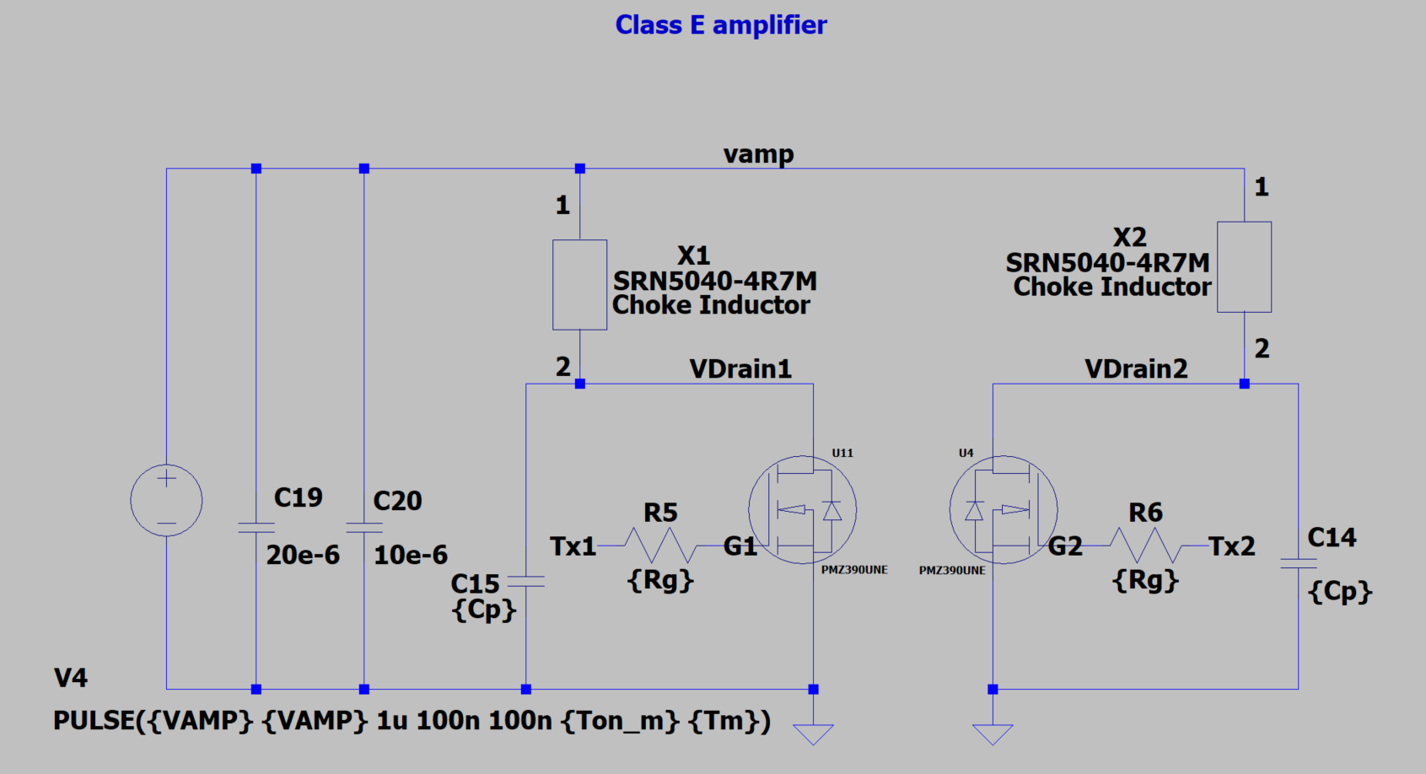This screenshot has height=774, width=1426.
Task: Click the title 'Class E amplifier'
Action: point(721,25)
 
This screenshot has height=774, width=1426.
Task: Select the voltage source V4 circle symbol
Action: point(166,501)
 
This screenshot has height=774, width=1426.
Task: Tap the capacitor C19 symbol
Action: point(256,528)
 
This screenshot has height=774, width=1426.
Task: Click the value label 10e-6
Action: point(411,555)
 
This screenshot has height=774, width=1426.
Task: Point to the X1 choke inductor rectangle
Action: point(579,285)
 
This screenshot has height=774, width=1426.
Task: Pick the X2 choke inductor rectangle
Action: point(1244,267)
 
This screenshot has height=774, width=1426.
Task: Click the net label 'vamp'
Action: point(758,154)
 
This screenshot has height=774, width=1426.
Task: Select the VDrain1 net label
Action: point(740,369)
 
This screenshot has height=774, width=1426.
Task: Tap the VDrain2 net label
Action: point(1136,369)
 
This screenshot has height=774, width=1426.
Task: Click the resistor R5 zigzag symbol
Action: point(660,546)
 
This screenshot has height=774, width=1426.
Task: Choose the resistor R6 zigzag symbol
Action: point(1144,546)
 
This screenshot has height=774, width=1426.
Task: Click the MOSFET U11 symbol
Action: point(802,510)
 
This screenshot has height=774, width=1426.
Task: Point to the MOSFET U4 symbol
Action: point(1004,510)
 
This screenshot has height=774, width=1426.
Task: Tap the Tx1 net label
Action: point(573,546)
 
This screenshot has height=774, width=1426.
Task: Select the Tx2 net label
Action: point(1231,546)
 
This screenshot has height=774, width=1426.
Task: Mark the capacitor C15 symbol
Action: point(526,581)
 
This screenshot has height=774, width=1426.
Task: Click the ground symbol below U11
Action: point(813,734)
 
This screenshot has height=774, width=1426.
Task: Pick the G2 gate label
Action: point(1065,546)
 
